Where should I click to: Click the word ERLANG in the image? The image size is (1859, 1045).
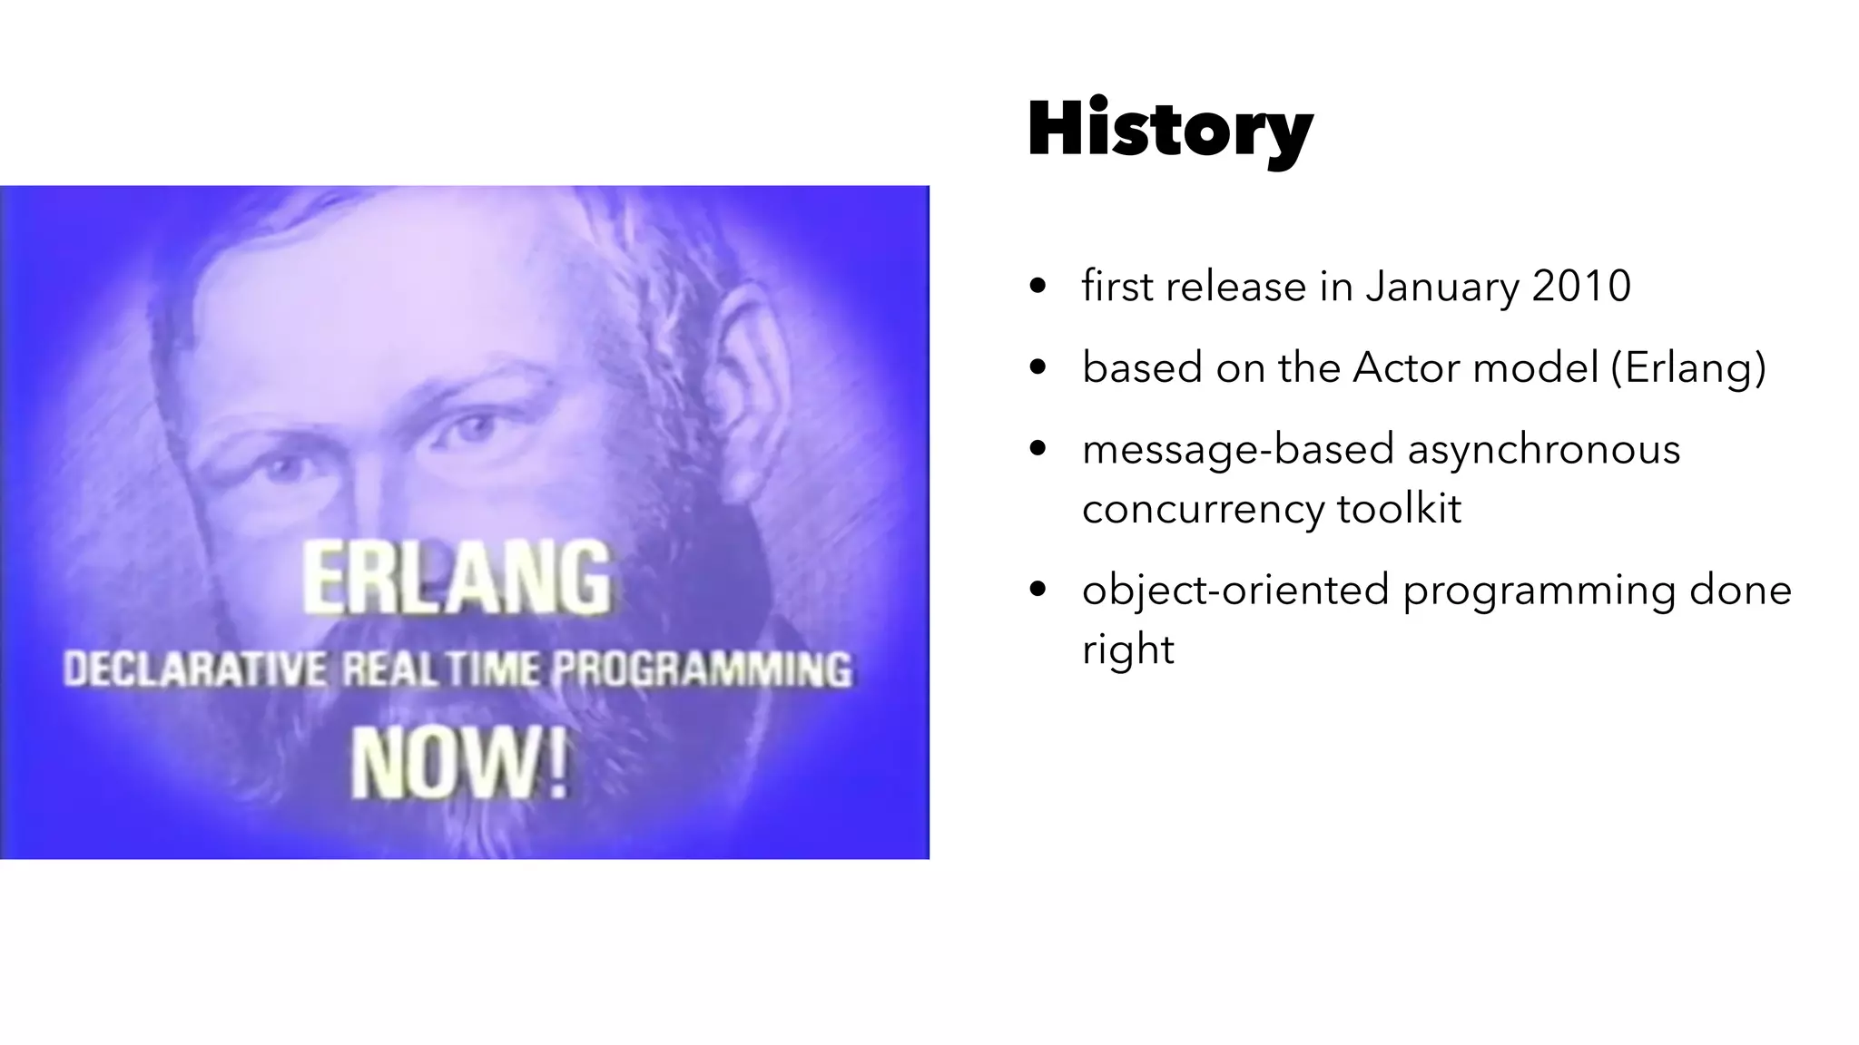457,578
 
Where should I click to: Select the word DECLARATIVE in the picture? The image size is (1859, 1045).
193,670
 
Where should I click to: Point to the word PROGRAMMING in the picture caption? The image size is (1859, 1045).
702,670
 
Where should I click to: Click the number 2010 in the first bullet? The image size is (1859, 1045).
1581,287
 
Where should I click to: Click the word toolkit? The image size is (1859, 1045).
1399,508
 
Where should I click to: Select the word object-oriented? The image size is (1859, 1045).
1234,591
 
